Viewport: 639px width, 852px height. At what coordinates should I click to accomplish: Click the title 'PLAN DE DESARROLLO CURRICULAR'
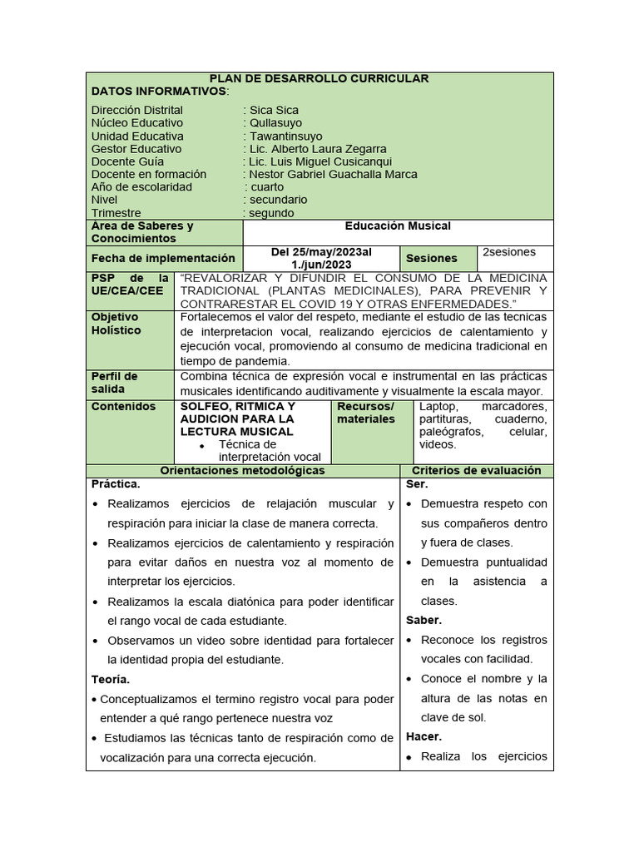click(x=319, y=78)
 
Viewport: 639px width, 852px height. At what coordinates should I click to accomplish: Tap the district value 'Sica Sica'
click(x=274, y=110)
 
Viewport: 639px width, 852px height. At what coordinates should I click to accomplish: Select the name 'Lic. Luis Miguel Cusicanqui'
click(x=320, y=161)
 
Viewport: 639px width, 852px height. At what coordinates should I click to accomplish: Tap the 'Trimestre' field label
click(x=116, y=213)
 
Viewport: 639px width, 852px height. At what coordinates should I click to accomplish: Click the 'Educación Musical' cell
click(x=398, y=226)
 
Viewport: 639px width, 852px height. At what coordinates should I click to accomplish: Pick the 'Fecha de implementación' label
click(x=163, y=259)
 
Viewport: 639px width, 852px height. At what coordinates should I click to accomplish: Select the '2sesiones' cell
click(x=509, y=252)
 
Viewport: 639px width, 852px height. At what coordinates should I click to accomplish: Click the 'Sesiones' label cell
click(x=431, y=259)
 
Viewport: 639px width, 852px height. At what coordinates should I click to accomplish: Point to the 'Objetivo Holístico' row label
click(x=116, y=324)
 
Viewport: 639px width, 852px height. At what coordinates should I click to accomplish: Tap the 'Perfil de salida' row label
click(x=115, y=383)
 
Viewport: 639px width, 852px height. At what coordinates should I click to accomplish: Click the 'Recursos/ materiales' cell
click(x=366, y=413)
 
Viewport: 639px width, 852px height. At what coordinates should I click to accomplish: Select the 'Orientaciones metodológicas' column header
click(x=242, y=471)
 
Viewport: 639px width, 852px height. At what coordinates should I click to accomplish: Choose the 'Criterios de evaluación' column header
click(x=476, y=471)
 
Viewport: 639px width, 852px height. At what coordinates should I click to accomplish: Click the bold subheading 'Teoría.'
click(x=111, y=680)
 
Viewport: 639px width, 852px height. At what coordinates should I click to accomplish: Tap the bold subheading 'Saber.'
click(x=424, y=621)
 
